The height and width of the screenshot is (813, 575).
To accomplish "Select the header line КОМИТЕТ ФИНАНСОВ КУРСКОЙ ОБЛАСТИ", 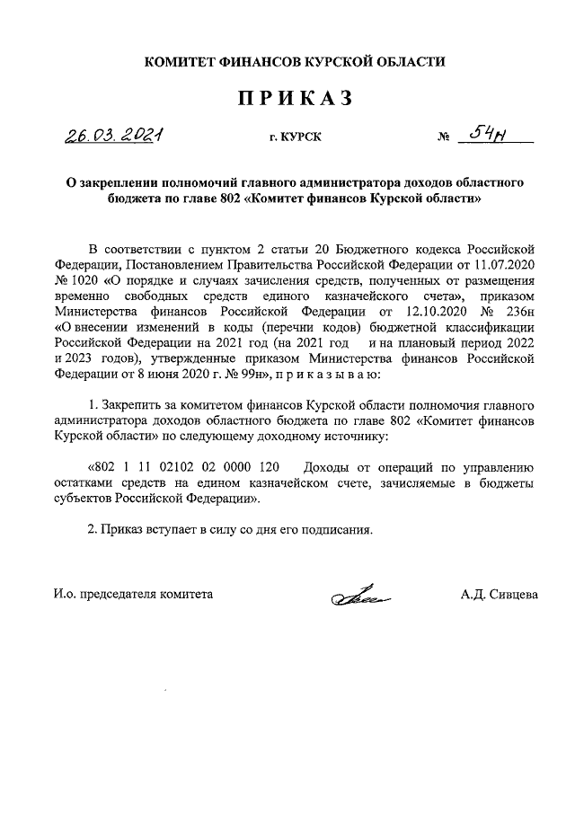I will click(296, 61).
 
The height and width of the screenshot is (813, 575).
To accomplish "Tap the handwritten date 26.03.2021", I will click(112, 136).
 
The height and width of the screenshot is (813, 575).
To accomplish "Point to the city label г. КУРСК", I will click(294, 137).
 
